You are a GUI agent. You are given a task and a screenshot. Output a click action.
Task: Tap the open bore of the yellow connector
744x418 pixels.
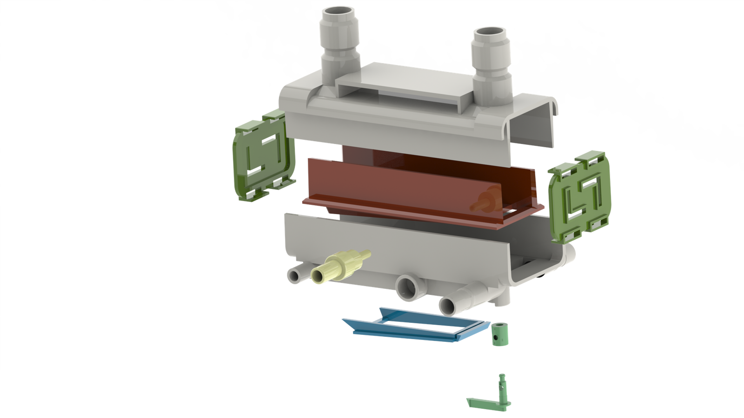pos(318,277)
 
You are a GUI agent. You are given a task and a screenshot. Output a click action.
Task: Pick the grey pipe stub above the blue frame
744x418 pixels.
pos(447,304)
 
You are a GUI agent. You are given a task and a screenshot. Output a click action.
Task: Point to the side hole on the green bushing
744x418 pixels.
pos(497,335)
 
